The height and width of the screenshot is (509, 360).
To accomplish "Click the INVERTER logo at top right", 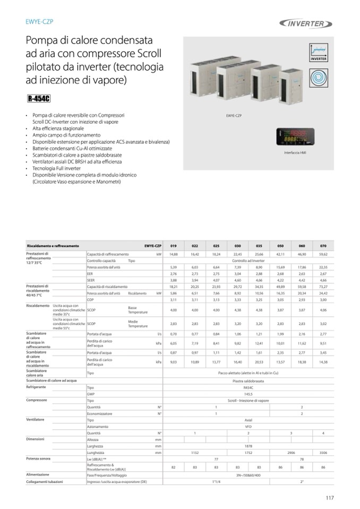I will pyautogui.click(x=306, y=23).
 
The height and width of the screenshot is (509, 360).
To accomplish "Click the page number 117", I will pyautogui.click(x=330, y=497).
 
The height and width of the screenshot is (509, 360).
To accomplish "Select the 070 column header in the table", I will pyautogui.click(x=323, y=246).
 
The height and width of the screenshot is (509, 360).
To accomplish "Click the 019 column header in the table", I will pyautogui.click(x=174, y=246).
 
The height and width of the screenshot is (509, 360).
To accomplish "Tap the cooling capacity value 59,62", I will pyautogui.click(x=323, y=254).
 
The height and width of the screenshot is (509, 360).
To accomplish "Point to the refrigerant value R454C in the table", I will pyautogui.click(x=248, y=387).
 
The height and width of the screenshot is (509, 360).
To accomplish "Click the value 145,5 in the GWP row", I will pyautogui.click(x=248, y=394).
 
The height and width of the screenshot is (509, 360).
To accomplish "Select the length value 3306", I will pyautogui.click(x=323, y=453).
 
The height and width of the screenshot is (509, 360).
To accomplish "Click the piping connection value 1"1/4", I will pyautogui.click(x=216, y=481).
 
